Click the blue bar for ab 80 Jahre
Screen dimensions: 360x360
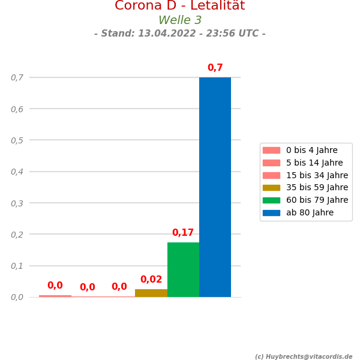coord(215,187)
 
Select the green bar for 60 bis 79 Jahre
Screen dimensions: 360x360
coord(183,269)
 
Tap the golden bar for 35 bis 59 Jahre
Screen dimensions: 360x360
coord(151,293)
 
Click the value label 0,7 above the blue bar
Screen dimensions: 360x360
coord(215,68)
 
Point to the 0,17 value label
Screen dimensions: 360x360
coord(183,233)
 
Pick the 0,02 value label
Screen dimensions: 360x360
coord(151,280)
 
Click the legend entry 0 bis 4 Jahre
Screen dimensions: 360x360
coord(311,150)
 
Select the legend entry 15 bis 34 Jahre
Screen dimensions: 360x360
coord(317,175)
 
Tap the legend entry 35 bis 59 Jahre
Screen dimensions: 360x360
coord(317,187)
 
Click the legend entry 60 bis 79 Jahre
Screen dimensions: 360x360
coord(317,200)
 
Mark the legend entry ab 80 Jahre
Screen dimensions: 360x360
coord(310,212)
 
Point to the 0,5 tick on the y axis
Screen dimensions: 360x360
coord(17,140)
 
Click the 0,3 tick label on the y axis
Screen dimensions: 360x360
coord(17,203)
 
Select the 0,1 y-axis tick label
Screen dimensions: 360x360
coord(17,265)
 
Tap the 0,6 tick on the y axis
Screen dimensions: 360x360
coord(17,109)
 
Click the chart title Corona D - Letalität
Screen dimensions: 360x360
coord(180,6)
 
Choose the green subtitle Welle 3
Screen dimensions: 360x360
coord(180,20)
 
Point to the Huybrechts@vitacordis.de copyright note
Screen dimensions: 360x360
coord(304,356)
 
